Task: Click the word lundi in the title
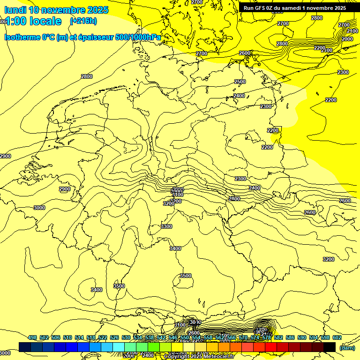click(15, 10)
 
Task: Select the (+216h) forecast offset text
click(83, 21)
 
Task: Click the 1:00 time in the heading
click(16, 21)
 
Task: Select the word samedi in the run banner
click(297, 7)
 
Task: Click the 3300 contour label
click(166, 226)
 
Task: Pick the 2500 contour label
click(240, 82)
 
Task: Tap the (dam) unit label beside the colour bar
click(347, 347)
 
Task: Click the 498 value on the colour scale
click(32, 337)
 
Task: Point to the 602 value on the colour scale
click(337, 337)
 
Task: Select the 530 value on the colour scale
click(126, 337)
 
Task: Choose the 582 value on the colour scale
click(278, 337)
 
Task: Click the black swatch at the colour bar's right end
click(330, 347)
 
